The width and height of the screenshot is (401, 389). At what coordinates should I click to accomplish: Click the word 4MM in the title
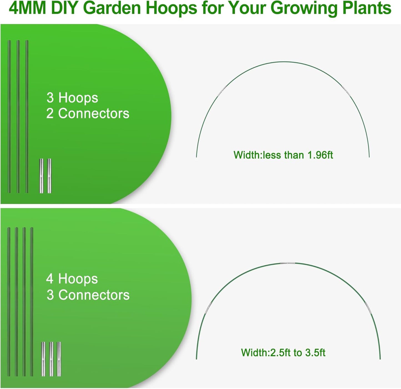27,8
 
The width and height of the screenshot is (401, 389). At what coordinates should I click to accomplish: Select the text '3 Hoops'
72,98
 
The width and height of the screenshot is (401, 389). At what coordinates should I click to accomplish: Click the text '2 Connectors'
88,113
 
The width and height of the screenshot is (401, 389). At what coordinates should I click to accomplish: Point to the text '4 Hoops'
72,279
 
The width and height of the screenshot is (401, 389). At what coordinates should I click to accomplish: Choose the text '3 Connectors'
88,295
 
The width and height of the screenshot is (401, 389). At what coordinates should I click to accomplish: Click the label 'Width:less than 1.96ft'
283,155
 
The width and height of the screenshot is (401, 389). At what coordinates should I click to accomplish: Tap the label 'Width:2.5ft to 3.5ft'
283,353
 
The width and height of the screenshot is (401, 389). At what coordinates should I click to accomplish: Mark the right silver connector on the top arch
346,91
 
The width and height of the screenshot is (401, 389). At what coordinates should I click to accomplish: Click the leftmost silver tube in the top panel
41,176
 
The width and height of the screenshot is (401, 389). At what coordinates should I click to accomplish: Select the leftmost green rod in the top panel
9,117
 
